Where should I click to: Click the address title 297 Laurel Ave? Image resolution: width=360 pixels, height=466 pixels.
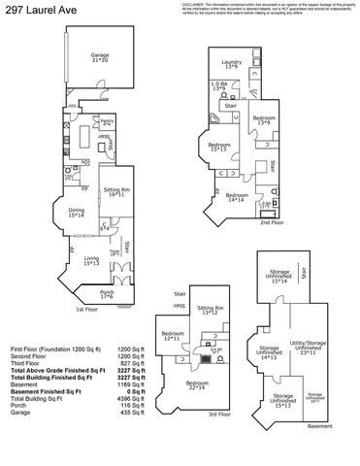pos(34,9)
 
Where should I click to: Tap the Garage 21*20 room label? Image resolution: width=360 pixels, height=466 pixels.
pos(100,58)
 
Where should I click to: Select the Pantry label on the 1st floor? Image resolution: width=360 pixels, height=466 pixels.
pos(108,122)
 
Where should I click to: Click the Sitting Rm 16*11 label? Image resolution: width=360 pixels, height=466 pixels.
pos(118,193)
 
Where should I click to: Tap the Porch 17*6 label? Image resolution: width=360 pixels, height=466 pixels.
pos(108,294)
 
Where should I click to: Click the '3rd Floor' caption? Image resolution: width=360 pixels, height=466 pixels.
pos(218,414)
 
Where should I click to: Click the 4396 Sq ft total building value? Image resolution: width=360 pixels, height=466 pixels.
pos(130,398)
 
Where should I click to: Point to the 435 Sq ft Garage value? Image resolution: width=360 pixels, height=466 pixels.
pos(131,413)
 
